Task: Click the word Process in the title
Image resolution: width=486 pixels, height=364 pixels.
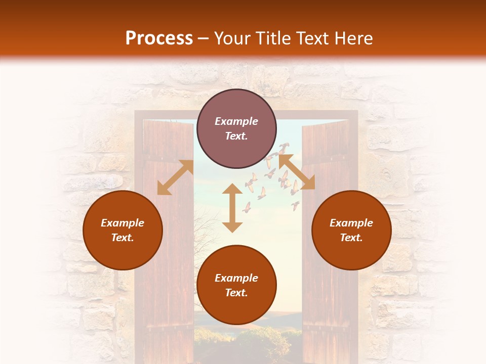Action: (159, 38)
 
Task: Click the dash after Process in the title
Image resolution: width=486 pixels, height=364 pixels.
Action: (204, 39)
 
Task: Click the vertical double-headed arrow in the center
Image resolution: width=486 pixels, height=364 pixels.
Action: (232, 208)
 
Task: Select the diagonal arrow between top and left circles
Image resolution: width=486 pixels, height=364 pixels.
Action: (175, 177)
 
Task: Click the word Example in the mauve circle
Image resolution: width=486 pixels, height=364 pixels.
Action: (236, 121)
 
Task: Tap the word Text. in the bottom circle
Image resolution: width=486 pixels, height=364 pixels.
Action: (236, 293)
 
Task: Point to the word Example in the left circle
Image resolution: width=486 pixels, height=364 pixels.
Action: (123, 223)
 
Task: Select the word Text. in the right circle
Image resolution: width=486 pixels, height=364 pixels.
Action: (351, 238)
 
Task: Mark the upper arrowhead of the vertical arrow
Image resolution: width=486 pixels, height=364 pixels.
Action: (232, 190)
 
